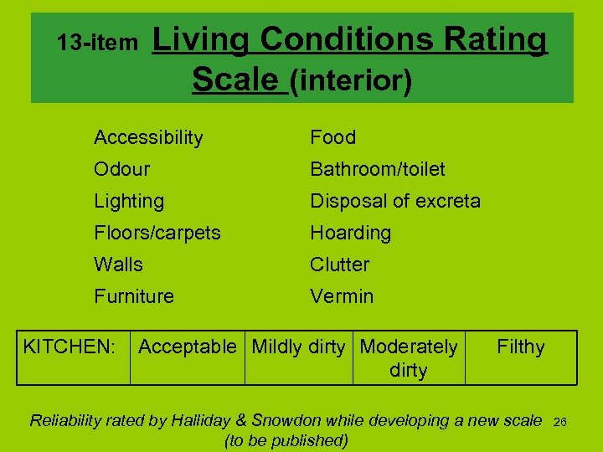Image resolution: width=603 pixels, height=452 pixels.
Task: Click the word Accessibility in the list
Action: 148,137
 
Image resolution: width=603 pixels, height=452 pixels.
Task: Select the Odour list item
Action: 121,169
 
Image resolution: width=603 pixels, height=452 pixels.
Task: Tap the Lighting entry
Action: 129,201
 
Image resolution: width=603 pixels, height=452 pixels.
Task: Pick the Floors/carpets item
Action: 157,233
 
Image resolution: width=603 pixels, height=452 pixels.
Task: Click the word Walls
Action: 118,265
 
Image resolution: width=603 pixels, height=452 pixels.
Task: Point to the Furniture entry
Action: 134,296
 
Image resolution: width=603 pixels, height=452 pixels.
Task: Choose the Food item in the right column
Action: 332,137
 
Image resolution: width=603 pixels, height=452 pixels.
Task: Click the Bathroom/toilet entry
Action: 377,169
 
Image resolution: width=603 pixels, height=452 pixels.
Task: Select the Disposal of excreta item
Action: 395,201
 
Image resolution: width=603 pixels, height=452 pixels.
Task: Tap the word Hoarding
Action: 350,233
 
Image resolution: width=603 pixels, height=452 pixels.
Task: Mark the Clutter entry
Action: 339,265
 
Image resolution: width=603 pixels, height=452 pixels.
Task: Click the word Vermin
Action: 342,296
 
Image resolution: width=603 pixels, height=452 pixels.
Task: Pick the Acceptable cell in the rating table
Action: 187,347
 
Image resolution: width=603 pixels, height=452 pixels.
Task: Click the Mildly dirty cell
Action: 298,347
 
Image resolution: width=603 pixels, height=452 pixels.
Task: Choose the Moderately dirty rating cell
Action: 409,358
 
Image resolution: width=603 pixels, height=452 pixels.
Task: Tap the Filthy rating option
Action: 520,347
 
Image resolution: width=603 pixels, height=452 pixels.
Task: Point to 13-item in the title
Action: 97,42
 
